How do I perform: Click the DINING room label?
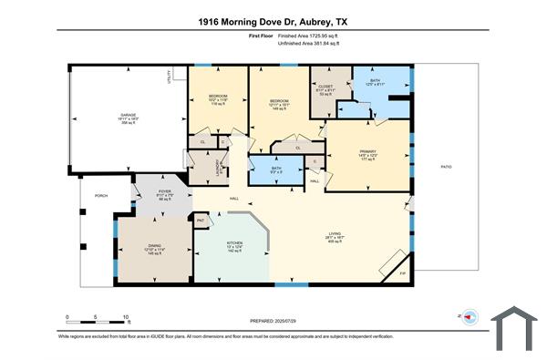tap(155, 245)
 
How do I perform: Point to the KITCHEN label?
tap(233, 242)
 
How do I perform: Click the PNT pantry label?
tap(201, 220)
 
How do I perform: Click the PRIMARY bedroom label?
tap(368, 151)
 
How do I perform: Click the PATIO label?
tap(446, 166)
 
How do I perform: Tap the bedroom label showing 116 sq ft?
tap(217, 96)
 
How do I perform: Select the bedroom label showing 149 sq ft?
tap(278, 101)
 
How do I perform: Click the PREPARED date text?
tap(273, 321)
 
